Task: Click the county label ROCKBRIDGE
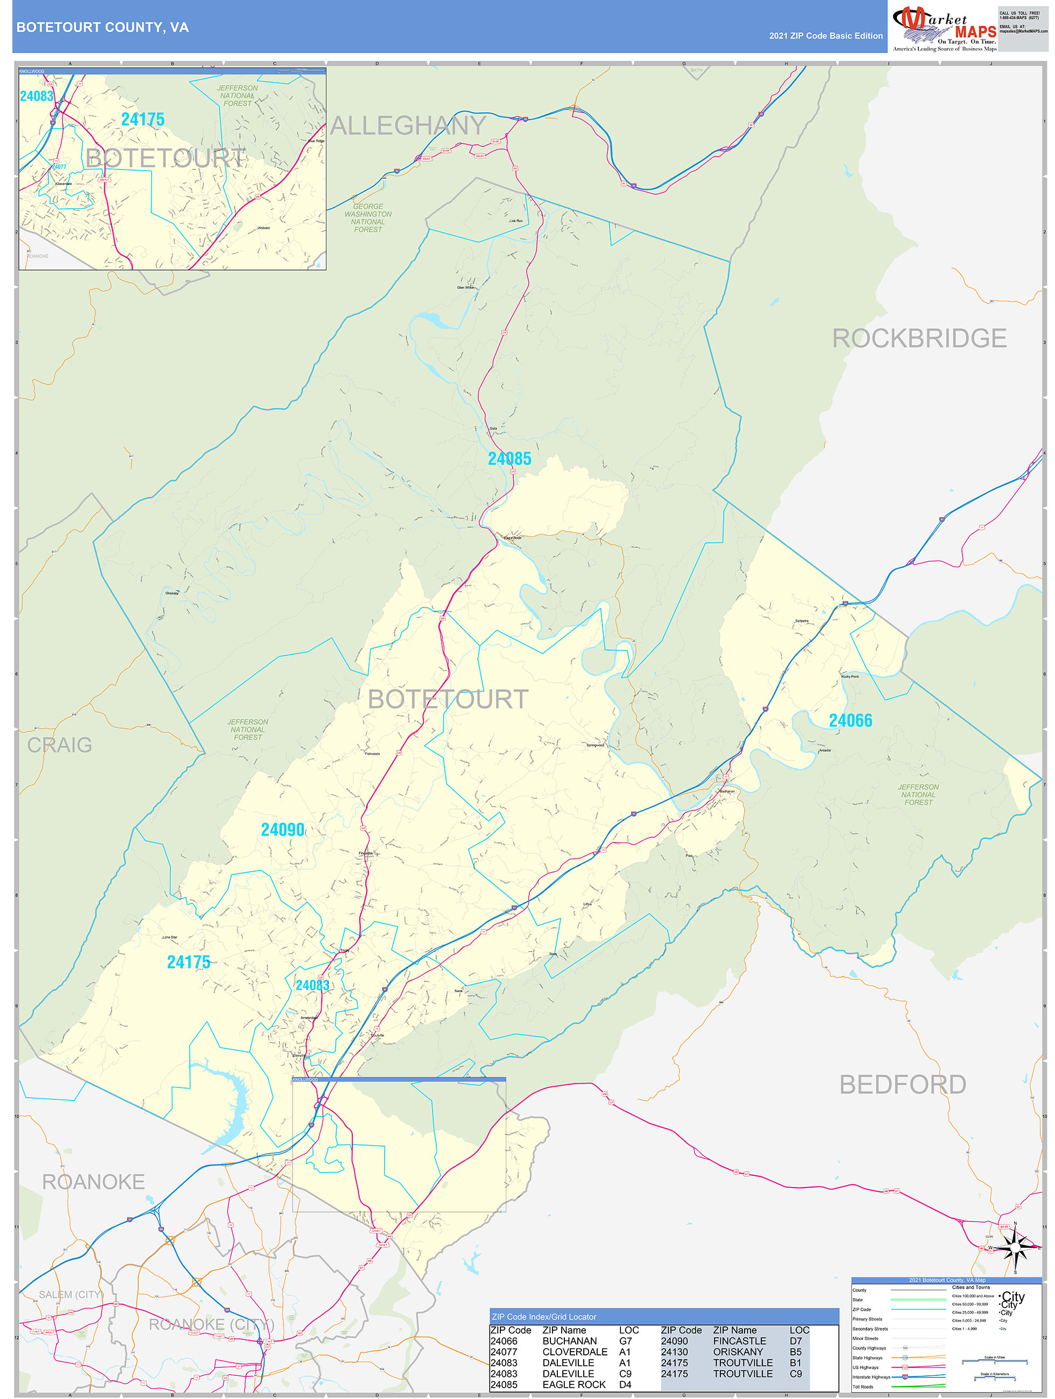pos(918,338)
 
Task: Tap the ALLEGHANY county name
pos(408,126)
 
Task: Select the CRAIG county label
pos(60,745)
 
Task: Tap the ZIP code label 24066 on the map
pos(850,720)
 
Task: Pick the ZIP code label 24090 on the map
pos(283,830)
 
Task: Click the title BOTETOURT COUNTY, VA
pos(102,27)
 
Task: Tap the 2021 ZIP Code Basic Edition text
pos(825,36)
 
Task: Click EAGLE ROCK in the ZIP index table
pos(573,1384)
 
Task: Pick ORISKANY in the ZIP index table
pos(738,1351)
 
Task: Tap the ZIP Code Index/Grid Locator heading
pos(544,1316)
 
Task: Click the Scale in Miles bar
pos(994,1360)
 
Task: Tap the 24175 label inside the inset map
pos(143,119)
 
